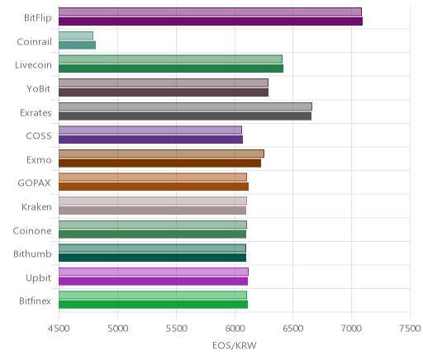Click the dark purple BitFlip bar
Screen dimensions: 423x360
[211, 21]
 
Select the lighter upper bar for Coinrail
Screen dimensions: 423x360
[76, 36]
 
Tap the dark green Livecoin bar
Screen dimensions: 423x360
[171, 69]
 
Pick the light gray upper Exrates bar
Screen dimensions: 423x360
[185, 107]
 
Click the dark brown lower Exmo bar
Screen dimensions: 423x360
[160, 163]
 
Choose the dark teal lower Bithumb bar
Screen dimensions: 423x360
[153, 258]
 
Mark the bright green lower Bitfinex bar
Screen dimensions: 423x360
[154, 305]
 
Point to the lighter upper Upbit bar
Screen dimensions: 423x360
[154, 272]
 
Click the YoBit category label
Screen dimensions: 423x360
[39, 89]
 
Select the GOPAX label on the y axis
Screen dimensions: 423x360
[35, 183]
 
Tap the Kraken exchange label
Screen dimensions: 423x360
[36, 206]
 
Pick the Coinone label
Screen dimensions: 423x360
[32, 230]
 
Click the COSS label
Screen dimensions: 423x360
[39, 136]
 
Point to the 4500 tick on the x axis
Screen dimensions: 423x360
[59, 329]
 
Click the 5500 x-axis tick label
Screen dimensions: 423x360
[176, 329]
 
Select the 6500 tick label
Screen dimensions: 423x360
[292, 329]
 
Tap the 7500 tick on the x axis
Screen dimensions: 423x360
[410, 329]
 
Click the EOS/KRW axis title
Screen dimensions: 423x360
[235, 345]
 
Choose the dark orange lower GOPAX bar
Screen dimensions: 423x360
[154, 187]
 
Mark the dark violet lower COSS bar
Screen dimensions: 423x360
[151, 140]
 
